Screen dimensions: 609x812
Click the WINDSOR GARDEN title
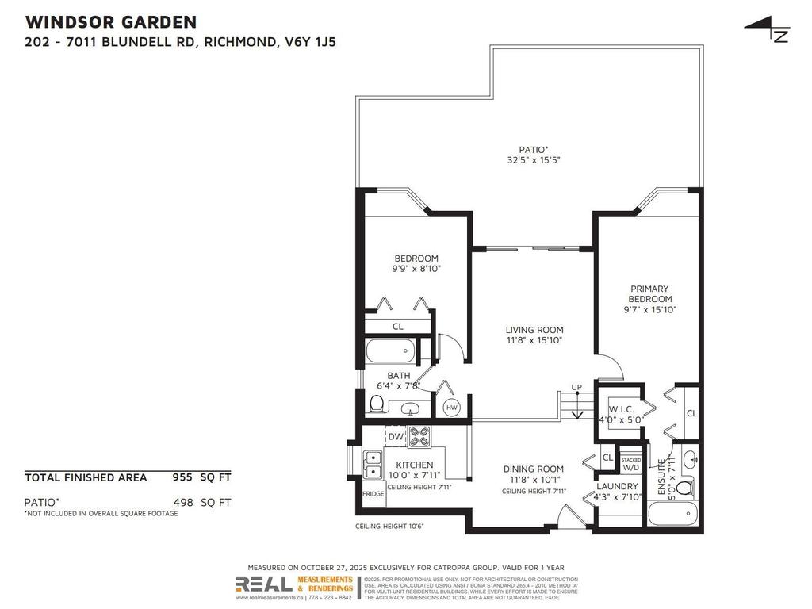[111, 21]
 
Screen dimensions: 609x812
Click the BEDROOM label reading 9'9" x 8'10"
[416, 263]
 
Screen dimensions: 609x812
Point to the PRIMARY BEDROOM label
[649, 299]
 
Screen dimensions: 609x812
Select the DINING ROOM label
[534, 474]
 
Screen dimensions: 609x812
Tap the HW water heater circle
[451, 408]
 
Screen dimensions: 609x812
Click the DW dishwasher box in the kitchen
[396, 436]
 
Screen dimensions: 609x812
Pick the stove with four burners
[419, 436]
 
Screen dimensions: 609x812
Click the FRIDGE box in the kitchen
[373, 494]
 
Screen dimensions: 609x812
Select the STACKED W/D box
[631, 464]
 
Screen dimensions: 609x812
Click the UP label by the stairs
[577, 388]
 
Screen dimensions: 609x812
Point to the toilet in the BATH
[377, 405]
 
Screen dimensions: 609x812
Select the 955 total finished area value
[184, 477]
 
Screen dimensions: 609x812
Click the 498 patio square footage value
[184, 502]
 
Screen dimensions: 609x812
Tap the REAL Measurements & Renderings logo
[295, 585]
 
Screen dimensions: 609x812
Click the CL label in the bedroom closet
[398, 327]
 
